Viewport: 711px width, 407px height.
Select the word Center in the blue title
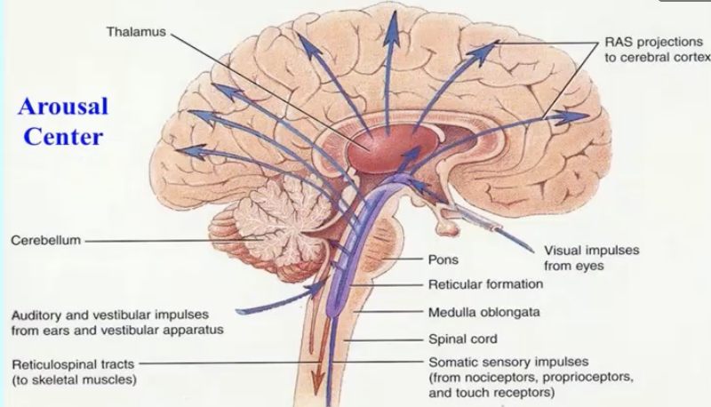[x=63, y=137]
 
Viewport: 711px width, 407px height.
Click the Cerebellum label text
[x=45, y=240]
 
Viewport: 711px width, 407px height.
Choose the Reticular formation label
[x=485, y=284]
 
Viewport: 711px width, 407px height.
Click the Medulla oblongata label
[x=483, y=312]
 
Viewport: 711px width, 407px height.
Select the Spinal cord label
[x=462, y=339]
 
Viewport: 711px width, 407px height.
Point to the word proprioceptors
[x=582, y=378]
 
